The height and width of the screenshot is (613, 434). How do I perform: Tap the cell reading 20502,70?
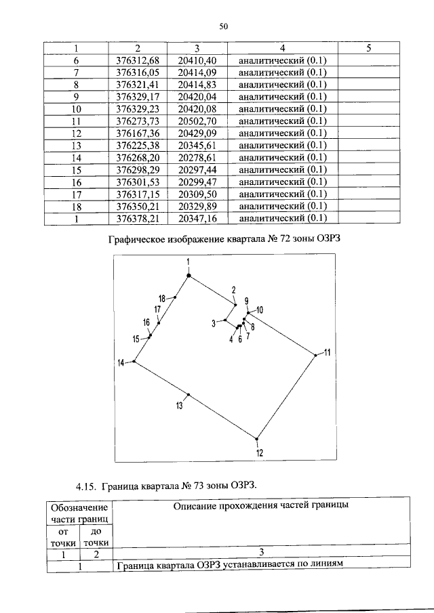[x=197, y=121]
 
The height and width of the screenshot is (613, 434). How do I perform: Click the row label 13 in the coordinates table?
[x=76, y=145]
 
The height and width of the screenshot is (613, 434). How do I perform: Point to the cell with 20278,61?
[x=197, y=157]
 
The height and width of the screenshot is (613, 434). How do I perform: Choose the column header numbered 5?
[x=368, y=47]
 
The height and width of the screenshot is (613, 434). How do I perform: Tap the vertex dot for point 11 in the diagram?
[x=315, y=354]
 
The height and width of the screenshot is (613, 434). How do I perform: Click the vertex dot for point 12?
[x=256, y=438]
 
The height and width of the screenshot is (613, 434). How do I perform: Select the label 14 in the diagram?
[x=121, y=363]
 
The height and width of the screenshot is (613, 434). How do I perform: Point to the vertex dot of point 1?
[x=189, y=275]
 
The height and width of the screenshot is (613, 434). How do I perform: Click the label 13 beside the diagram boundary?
[x=179, y=406]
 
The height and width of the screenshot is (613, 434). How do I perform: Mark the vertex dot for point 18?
[x=175, y=297]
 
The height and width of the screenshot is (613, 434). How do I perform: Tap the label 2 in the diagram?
[x=233, y=290]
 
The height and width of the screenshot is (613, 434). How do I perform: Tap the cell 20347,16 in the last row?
[x=197, y=218]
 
